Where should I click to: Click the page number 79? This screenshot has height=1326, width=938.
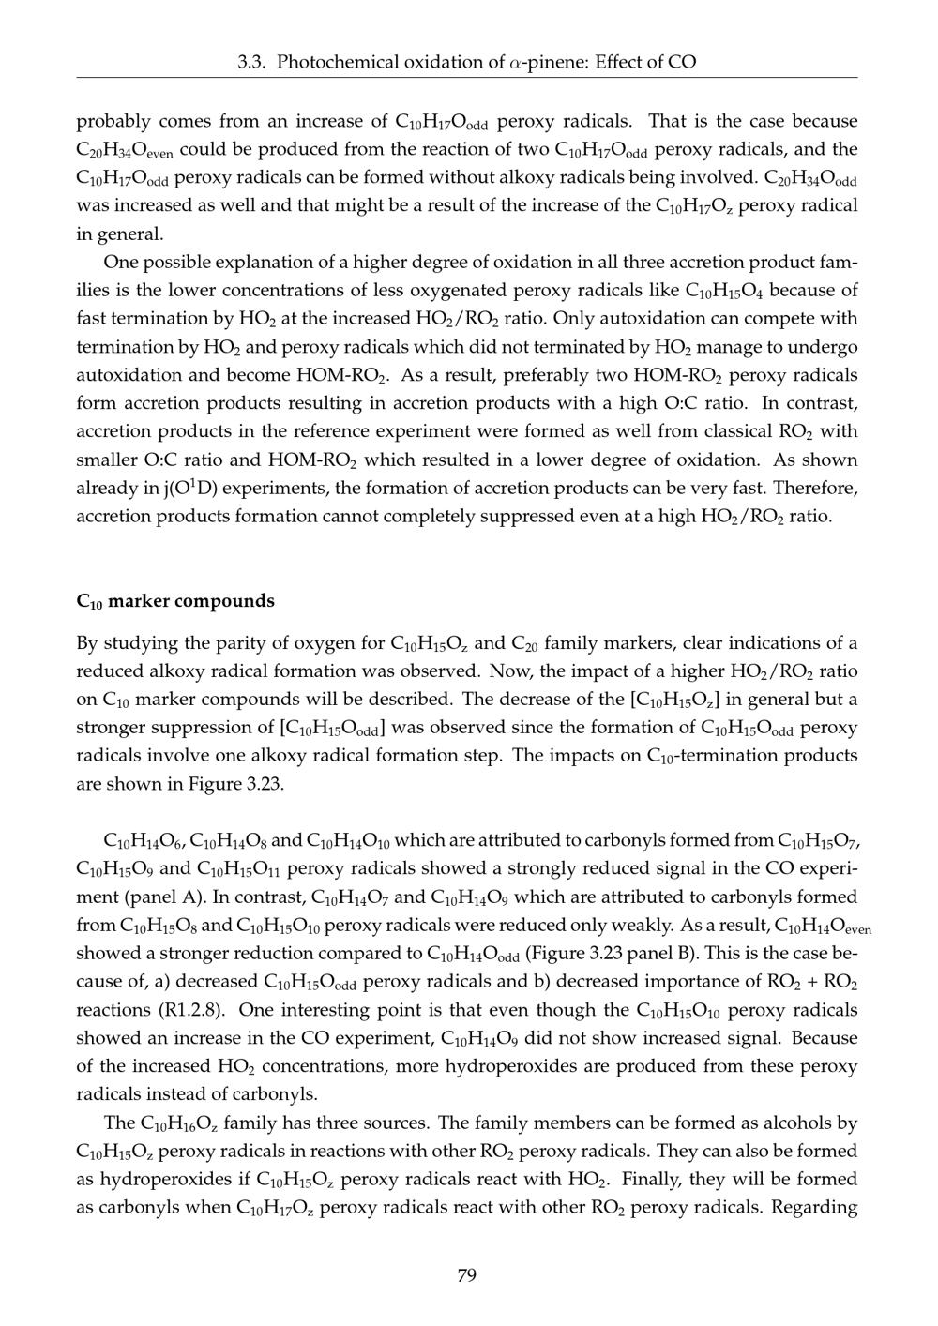[466, 1275]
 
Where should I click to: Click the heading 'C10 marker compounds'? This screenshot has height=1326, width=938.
[175, 601]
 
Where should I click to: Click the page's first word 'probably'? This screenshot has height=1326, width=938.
[112, 122]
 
